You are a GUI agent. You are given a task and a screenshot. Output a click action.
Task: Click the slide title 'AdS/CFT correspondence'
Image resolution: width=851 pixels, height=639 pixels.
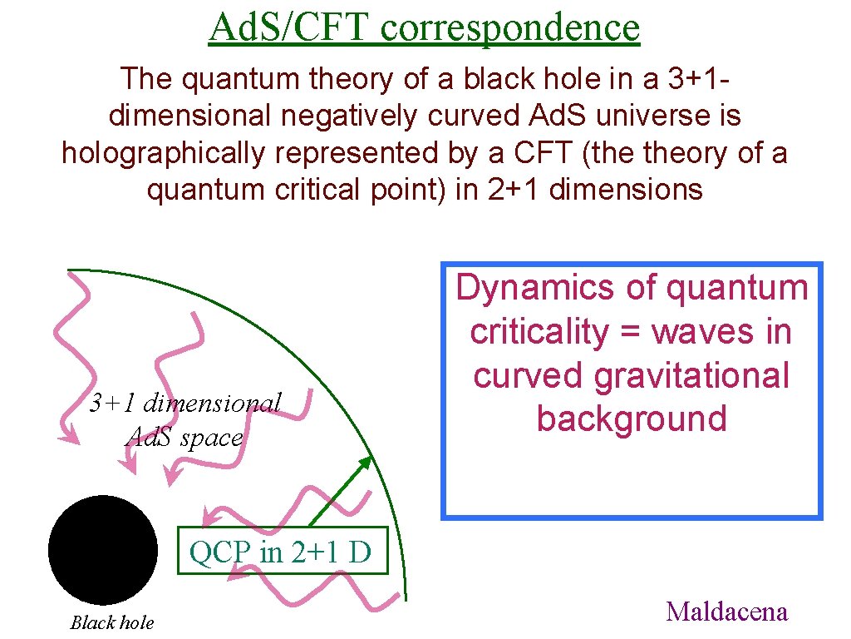coord(425,27)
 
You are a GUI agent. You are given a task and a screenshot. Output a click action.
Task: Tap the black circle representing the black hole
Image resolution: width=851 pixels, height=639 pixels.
coord(103,549)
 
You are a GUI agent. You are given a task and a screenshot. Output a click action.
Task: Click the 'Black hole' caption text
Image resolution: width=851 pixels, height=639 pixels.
coord(112,622)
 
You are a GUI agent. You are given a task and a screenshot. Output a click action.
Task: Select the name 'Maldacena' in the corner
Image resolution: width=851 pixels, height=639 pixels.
coord(726,612)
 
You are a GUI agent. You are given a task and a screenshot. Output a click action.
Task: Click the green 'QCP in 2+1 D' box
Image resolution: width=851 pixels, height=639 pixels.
coord(283,552)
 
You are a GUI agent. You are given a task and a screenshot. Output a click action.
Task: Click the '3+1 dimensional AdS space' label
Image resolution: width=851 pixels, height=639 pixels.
coord(185,420)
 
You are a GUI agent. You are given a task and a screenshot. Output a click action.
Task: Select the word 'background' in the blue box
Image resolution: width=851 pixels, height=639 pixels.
coord(632,418)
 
